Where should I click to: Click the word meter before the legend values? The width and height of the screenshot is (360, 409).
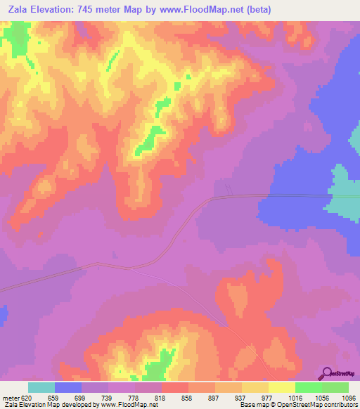coord(11,397)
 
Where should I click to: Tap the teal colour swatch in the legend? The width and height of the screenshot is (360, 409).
coord(41,387)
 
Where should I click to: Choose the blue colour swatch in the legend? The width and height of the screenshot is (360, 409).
coord(68,387)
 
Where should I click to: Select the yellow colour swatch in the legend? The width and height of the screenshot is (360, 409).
coord(281,387)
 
